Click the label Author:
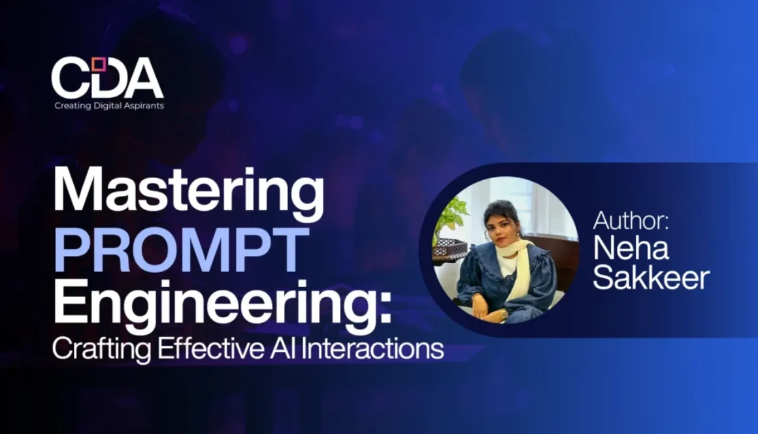pos(631,221)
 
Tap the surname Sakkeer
pos(651,278)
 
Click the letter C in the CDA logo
pos(71,78)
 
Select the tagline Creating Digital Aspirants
pos(109,106)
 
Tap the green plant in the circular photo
pos(451,216)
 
